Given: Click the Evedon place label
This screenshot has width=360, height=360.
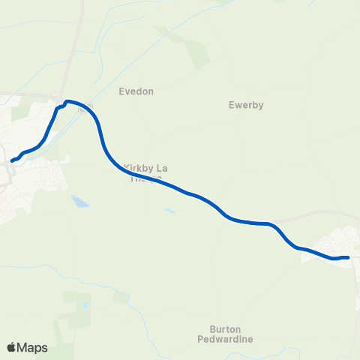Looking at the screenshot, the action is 136,91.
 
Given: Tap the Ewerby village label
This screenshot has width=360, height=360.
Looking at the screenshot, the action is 246,106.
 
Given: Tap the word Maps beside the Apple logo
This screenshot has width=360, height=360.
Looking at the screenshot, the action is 33,347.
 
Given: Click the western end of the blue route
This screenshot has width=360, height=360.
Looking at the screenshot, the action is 13,160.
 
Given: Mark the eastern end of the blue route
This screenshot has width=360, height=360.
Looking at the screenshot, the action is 348,258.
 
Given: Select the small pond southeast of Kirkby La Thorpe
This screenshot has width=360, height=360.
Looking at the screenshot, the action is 169,211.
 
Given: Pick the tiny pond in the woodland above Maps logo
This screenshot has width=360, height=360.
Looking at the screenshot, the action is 85,305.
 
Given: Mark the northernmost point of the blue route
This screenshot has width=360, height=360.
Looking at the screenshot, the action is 67,100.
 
